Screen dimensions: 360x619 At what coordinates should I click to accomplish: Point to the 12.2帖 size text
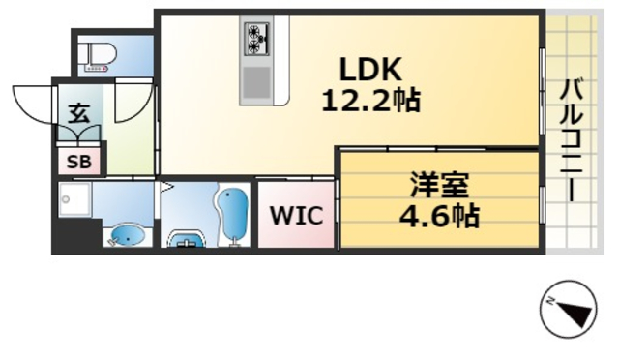[x=370, y=99]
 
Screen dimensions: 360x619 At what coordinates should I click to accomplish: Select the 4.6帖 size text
[x=438, y=214]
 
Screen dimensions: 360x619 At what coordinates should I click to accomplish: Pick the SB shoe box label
[x=79, y=162]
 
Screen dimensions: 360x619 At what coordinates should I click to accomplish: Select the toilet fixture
[x=98, y=55]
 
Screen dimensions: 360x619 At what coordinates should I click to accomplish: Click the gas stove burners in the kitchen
[x=258, y=40]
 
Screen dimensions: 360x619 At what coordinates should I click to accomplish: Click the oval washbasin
[x=126, y=234]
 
